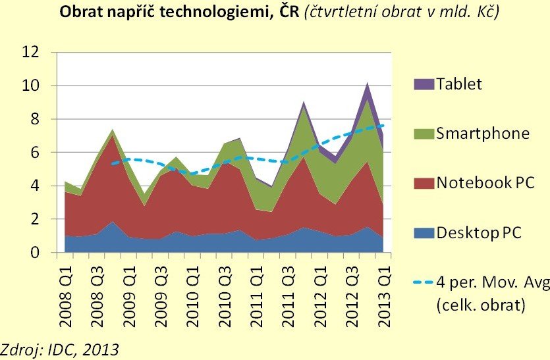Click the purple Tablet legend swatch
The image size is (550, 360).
pos(423,84)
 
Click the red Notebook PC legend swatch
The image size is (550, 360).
pos(423,184)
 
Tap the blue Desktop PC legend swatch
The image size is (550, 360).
pos(423,233)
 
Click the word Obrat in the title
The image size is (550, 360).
pos(80,13)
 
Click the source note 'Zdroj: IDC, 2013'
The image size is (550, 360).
pos(60,349)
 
